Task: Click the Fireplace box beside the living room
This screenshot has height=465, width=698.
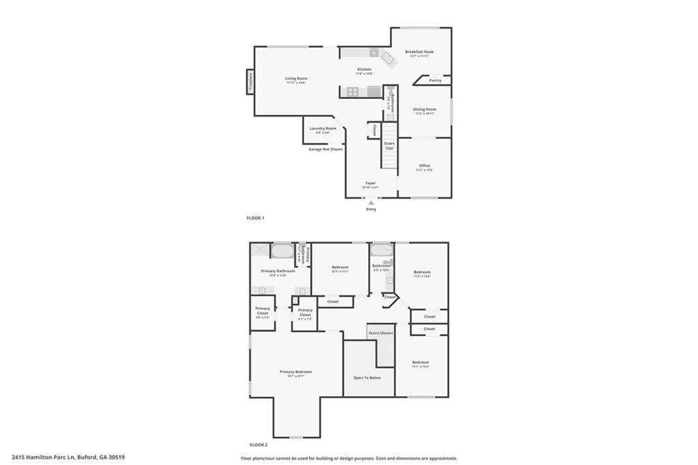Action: [x=250, y=80]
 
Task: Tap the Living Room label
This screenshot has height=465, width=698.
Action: [x=296, y=78]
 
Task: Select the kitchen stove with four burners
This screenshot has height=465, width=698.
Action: [x=353, y=91]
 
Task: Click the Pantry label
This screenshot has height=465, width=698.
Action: [x=435, y=80]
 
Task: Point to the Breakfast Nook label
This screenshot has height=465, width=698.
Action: [x=419, y=52]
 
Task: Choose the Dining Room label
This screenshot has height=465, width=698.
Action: [x=425, y=109]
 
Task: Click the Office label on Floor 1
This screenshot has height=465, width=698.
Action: [x=425, y=166]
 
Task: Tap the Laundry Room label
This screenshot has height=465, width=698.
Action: [x=322, y=128]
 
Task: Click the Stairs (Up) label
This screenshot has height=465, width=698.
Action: [x=389, y=145]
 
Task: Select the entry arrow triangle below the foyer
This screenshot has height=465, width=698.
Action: [x=371, y=202]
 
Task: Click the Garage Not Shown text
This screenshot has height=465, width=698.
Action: [x=325, y=149]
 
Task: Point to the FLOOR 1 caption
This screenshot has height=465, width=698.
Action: [x=255, y=217]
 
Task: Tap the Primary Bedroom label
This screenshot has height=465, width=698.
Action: [x=296, y=372]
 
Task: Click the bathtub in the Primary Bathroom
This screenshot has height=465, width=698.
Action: [x=282, y=251]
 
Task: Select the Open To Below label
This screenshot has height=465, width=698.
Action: [x=367, y=377]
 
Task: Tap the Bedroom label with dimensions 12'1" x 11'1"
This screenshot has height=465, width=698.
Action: [x=340, y=267]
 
